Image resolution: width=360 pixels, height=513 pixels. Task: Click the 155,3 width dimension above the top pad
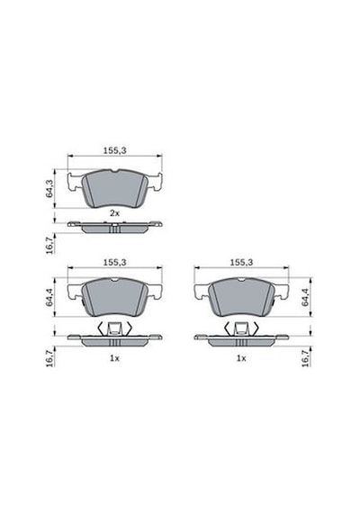click(x=114, y=151)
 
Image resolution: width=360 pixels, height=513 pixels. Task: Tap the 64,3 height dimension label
click(x=49, y=189)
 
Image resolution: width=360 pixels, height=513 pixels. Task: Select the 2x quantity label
click(x=114, y=213)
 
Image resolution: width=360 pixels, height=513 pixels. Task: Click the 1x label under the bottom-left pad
click(x=114, y=358)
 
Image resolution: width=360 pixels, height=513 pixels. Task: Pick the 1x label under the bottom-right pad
click(x=241, y=358)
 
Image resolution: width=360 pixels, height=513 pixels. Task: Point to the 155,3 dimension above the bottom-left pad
click(x=114, y=263)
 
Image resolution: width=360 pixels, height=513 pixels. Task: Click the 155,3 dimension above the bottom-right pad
click(x=241, y=263)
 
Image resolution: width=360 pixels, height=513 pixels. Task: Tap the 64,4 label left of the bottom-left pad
click(x=49, y=298)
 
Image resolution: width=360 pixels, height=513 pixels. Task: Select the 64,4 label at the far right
click(x=305, y=298)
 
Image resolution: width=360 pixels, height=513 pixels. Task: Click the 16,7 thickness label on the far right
click(x=305, y=358)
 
